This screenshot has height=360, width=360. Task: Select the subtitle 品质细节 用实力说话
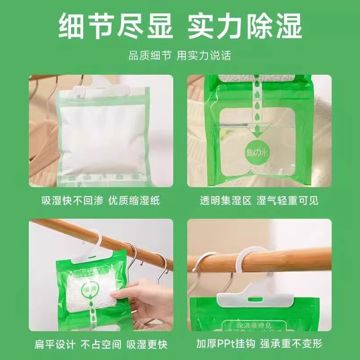click(180, 55)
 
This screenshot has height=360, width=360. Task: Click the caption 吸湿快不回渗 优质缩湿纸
click(100, 201)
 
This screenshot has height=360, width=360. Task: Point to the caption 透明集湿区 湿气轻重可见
click(259, 201)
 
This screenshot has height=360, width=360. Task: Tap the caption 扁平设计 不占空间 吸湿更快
click(101, 345)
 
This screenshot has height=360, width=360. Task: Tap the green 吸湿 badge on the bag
click(87, 287)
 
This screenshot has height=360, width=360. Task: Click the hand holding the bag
click(139, 297)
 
